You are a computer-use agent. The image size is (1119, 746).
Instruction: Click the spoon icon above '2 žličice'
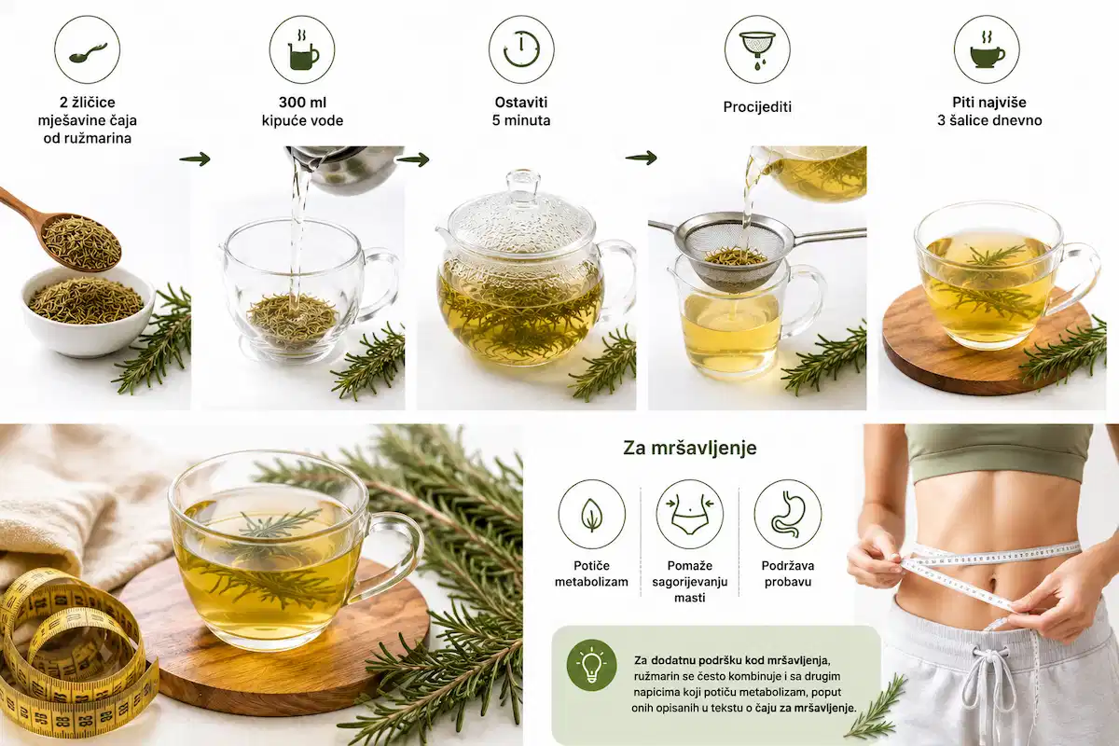pos(88,50)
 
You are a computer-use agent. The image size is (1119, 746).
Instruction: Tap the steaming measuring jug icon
pos(302,49)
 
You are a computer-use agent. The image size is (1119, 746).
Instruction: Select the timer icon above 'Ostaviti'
pos(521,49)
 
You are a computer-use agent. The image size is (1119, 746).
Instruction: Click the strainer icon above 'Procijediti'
pos(757,49)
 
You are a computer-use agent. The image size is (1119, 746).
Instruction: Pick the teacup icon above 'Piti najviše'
pos(988,49)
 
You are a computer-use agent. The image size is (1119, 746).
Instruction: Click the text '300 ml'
pos(302,103)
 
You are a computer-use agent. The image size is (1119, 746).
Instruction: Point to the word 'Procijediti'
pos(757,107)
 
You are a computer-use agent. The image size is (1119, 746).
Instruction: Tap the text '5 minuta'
pos(521,120)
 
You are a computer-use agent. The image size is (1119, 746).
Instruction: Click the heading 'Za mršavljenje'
pos(690,449)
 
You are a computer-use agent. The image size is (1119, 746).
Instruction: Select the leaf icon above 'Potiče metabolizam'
pos(592,514)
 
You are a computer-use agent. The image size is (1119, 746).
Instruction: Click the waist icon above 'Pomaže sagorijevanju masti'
pos(690,514)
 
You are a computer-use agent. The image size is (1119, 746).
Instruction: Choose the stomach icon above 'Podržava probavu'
pos(788,514)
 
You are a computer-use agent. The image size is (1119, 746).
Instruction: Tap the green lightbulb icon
pos(592,665)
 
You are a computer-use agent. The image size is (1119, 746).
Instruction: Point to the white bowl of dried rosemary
pos(88,311)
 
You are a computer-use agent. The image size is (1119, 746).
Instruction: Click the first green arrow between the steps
pos(195,159)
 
